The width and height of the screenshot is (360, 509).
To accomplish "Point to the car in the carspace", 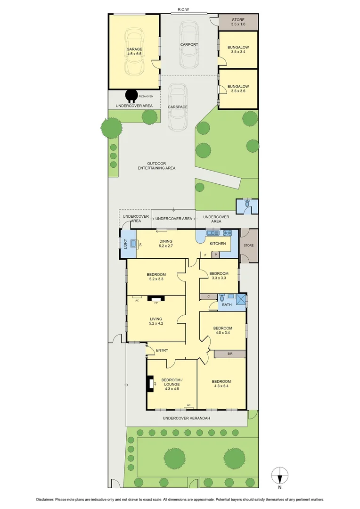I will [x=178, y=107].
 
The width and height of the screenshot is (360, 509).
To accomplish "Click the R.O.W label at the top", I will [x=183, y=9].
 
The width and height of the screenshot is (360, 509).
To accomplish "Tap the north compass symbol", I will [x=280, y=475].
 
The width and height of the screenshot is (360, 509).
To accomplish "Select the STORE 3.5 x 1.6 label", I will [x=238, y=22].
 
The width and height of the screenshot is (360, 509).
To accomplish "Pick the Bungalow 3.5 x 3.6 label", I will [x=238, y=89].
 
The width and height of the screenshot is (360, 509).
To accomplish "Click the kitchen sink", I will [x=212, y=233].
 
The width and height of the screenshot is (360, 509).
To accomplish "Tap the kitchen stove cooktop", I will [x=227, y=233].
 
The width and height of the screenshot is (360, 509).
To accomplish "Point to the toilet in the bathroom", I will [x=221, y=297].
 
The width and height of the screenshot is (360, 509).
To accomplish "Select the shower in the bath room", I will [x=241, y=300].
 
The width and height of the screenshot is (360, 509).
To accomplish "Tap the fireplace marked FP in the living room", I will [x=155, y=298].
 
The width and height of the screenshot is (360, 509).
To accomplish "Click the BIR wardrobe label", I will [x=230, y=353].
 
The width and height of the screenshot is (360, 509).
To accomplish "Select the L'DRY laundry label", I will [x=125, y=244].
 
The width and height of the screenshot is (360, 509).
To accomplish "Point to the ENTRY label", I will [x=162, y=350].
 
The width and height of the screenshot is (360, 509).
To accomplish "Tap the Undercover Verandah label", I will [x=186, y=418].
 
